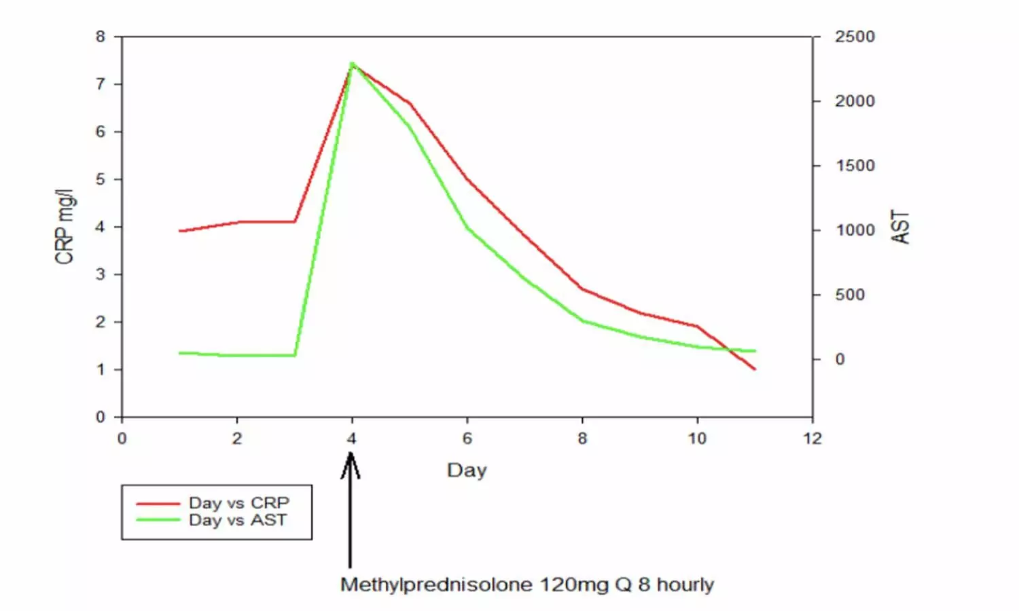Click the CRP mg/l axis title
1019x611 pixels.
coord(65,227)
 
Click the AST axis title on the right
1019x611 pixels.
coord(901,227)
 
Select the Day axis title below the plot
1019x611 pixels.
coord(467,470)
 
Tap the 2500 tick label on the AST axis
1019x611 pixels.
coord(855,37)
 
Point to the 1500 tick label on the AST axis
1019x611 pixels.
coord(855,166)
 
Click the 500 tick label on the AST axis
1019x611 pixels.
coord(850,295)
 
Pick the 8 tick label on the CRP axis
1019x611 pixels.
coord(101,37)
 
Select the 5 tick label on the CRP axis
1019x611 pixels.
coord(101,179)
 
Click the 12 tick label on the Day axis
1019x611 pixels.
coord(812,439)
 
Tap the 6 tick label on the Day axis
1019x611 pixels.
coord(467,439)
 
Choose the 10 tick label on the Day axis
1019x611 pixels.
coord(697,439)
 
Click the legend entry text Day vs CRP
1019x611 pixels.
coord(239,503)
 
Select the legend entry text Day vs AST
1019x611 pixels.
coord(238,520)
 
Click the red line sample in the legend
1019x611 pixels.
coord(158,504)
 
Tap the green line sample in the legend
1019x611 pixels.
coord(158,521)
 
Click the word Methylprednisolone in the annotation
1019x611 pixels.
coord(436,585)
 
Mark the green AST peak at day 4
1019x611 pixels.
coord(352,63)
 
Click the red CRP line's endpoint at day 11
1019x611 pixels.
coord(755,369)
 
